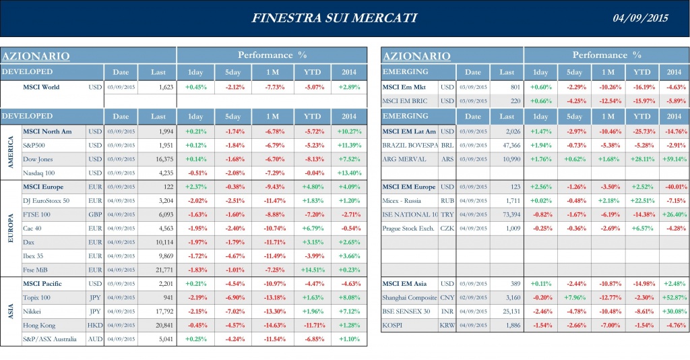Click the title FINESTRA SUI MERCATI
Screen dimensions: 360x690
[x=334, y=18]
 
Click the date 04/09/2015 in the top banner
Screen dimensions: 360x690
[x=640, y=18]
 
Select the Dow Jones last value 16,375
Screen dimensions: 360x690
[x=161, y=158]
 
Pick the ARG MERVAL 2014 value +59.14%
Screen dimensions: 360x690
[x=674, y=159]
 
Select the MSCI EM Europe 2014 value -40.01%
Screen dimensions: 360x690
[x=674, y=187]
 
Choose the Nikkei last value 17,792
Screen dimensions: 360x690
[x=161, y=311]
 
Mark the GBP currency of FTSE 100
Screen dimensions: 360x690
[x=94, y=214]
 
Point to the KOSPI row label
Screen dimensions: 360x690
[x=394, y=325]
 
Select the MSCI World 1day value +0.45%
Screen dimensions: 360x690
[x=195, y=87]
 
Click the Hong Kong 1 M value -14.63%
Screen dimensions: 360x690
[x=272, y=325]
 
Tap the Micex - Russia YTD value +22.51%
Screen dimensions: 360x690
[x=641, y=200]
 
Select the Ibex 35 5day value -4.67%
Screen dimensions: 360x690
[x=233, y=256]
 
